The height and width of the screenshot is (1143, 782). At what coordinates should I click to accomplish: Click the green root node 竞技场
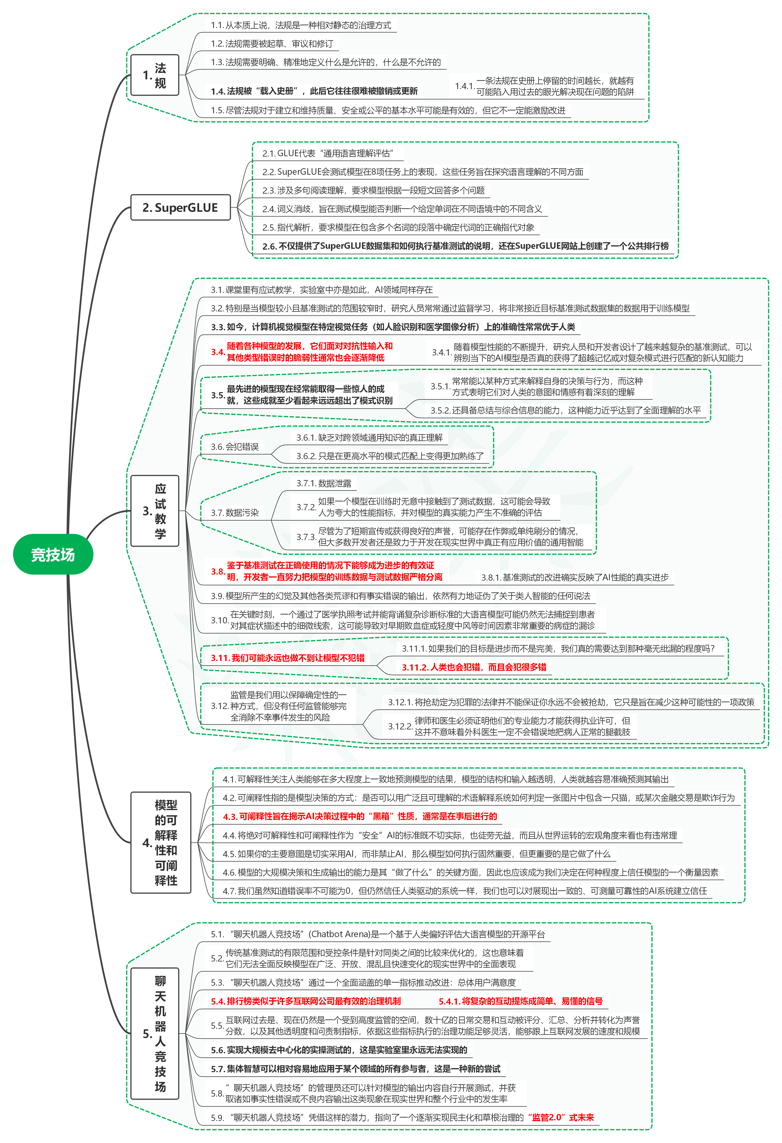click(x=53, y=554)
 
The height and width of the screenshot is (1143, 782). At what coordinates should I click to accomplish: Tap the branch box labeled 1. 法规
click(x=154, y=75)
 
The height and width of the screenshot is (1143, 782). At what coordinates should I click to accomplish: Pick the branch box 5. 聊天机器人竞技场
click(x=154, y=1033)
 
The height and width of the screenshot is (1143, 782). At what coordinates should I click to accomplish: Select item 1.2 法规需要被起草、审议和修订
click(x=272, y=44)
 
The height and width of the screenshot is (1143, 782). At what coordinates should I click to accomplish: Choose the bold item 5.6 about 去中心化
click(x=339, y=1050)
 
